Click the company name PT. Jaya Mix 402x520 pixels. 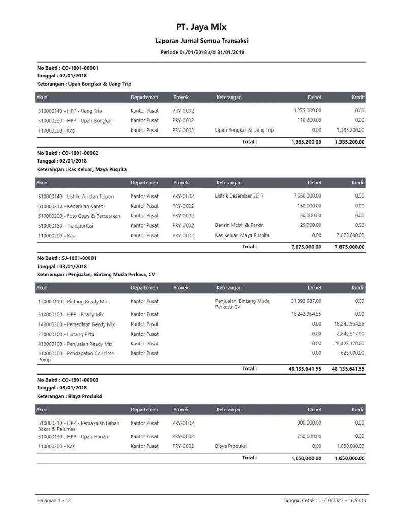201,27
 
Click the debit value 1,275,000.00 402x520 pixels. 307,110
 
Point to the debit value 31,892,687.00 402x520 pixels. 305,301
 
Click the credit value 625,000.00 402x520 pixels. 353,353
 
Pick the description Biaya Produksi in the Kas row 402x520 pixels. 231,446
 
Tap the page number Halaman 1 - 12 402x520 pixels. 53,501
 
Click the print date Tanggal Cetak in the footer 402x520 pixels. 325,501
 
